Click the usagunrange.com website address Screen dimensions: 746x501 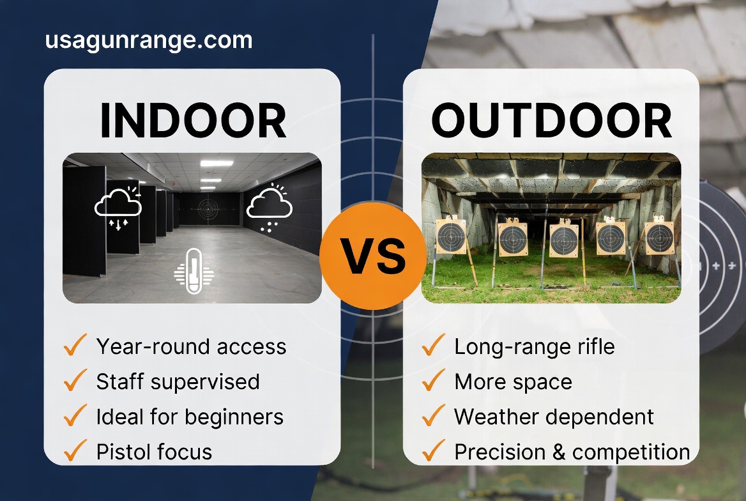point(148,40)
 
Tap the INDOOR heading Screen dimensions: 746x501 point(193,121)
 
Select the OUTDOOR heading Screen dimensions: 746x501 point(551,121)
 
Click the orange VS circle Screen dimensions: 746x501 point(372,256)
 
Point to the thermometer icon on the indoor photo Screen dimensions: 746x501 point(194,271)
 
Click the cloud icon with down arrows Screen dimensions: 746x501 point(118,208)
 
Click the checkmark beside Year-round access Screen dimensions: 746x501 point(75,345)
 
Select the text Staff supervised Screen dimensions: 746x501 point(178,382)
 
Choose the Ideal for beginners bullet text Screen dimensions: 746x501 point(190,417)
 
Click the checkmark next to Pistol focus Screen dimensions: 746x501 point(75,450)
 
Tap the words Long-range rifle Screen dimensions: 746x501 point(535,347)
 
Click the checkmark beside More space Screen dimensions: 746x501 point(433,380)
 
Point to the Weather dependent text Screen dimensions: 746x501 point(554,417)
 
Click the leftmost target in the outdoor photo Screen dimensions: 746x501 point(451,236)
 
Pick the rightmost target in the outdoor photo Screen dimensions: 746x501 point(660,236)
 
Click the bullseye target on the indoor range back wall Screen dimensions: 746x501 point(208,208)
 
